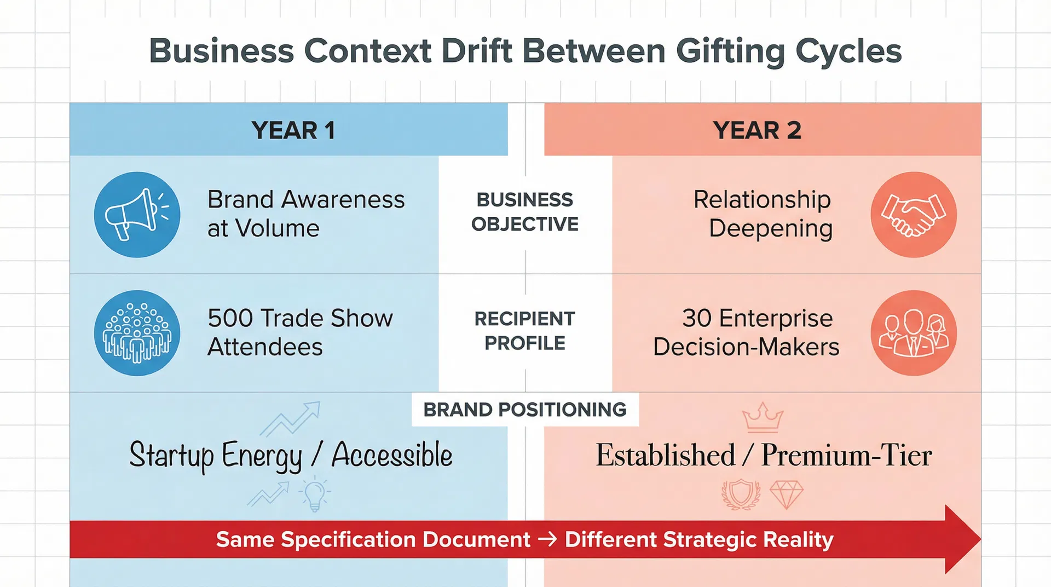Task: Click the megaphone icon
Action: (x=137, y=215)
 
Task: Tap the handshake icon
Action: (x=913, y=215)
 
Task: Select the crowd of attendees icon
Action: (x=137, y=333)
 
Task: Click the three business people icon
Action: (x=913, y=333)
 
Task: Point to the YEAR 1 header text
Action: (x=293, y=130)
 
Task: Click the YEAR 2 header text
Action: (x=757, y=130)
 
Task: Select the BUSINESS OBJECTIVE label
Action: (x=525, y=212)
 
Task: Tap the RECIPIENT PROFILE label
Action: (x=525, y=331)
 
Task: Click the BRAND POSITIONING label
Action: (x=525, y=410)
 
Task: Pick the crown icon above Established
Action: (x=763, y=418)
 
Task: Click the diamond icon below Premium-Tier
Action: (x=786, y=494)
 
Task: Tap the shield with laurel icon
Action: (x=741, y=494)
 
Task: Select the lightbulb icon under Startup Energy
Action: (x=314, y=494)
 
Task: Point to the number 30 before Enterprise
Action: (x=697, y=318)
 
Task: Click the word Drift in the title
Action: (x=477, y=51)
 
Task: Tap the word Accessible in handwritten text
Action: (x=392, y=455)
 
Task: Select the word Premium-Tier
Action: (x=846, y=455)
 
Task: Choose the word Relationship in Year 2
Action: (x=762, y=199)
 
